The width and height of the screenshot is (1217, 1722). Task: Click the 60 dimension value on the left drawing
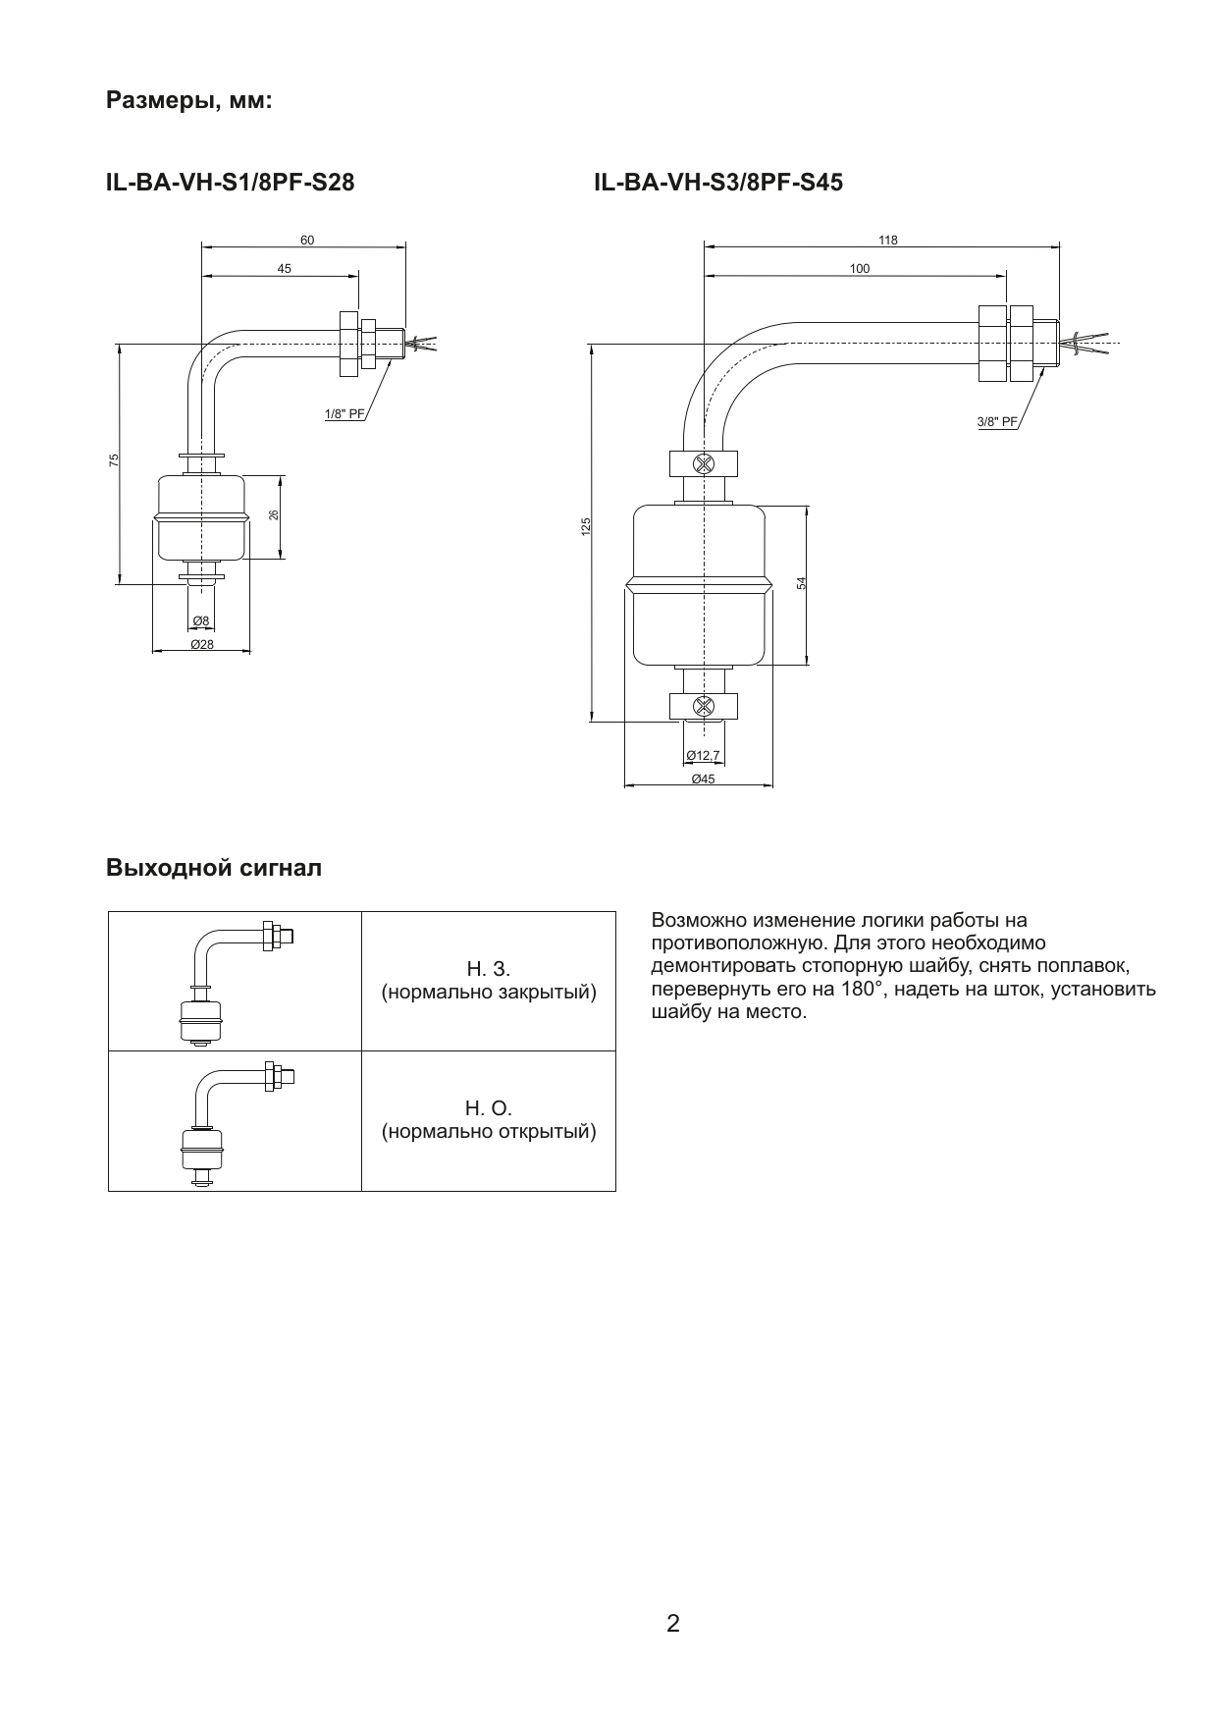pos(307,240)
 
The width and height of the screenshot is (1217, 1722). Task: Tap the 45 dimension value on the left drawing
pos(284,268)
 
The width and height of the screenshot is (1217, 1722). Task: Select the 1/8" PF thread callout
pos(344,414)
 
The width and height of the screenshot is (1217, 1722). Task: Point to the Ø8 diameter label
pos(200,620)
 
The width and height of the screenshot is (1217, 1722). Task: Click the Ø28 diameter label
pos(201,644)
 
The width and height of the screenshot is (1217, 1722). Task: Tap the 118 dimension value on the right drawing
pos(887,240)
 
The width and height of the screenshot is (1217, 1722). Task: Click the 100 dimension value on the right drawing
pos(860,268)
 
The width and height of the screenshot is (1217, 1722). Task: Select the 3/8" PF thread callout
pos(997,422)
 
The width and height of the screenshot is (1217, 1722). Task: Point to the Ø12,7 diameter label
pos(703,755)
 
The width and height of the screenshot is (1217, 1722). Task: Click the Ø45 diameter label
pos(703,779)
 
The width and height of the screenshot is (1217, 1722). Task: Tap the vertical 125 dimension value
pos(586,527)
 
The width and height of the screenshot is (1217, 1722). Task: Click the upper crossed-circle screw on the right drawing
pos(704,463)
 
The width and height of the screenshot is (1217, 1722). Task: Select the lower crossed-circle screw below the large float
pos(704,705)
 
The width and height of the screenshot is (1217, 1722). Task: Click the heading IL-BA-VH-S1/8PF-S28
pos(231,183)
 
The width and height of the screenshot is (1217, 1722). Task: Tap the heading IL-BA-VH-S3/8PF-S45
pos(718,183)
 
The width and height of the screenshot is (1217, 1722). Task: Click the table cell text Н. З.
pos(488,970)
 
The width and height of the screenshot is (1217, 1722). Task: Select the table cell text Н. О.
pos(489,1109)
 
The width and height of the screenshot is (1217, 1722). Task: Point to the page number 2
pos(673,1623)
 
